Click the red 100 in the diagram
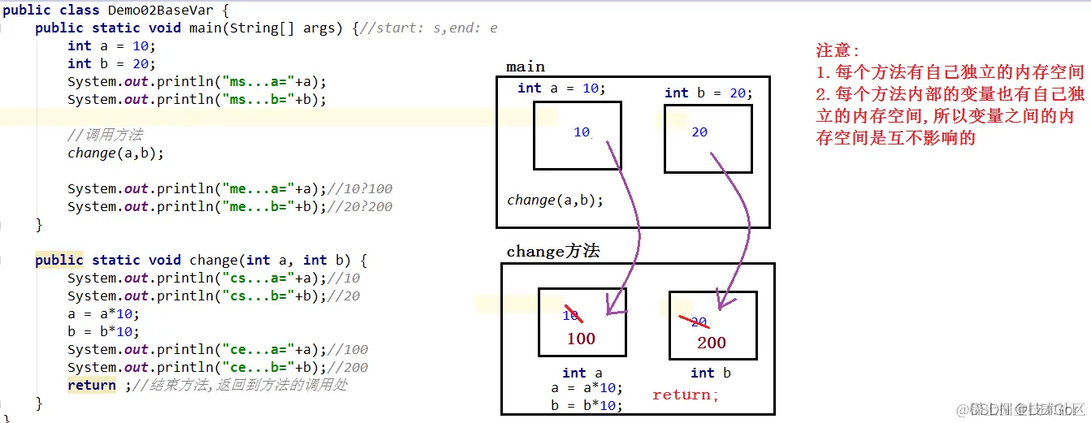coord(581,339)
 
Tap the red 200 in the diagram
coord(712,343)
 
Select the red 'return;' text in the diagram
coord(686,395)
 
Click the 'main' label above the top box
coord(526,67)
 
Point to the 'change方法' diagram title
coord(553,252)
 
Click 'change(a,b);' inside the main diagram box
coord(556,200)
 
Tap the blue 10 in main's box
coord(582,132)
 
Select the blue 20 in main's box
coord(699,132)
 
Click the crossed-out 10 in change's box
coord(572,315)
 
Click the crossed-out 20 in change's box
coord(698,322)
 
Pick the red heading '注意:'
coord(838,50)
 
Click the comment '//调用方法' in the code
coord(105,135)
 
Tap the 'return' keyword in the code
coord(91,385)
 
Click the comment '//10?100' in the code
coord(361,188)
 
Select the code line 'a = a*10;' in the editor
coord(103,313)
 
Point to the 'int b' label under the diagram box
coord(711,373)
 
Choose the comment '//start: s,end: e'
coord(428,28)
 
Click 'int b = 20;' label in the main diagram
coord(708,93)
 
